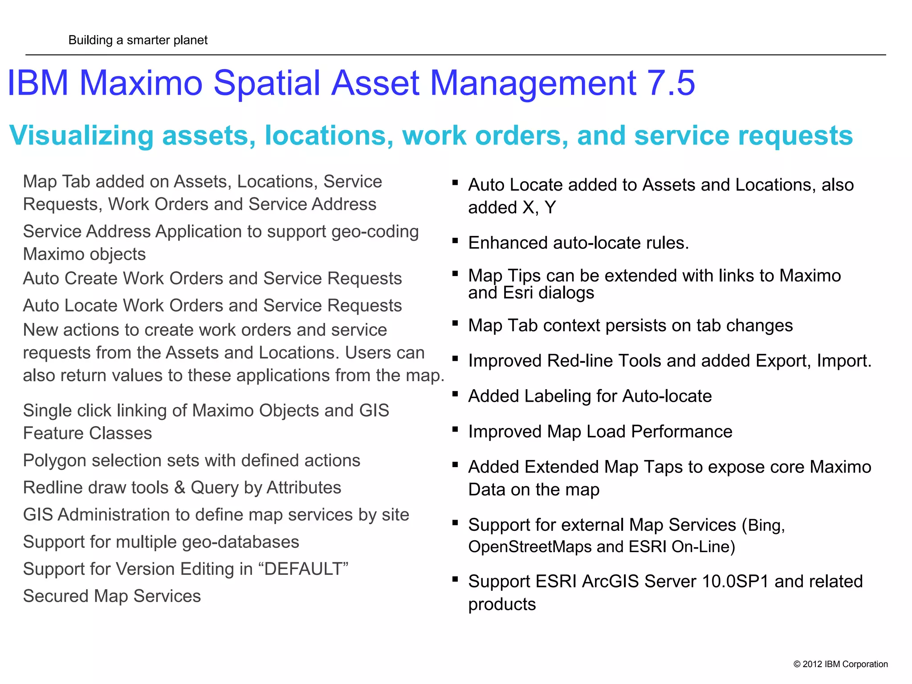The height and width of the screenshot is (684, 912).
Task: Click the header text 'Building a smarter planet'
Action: [x=138, y=40]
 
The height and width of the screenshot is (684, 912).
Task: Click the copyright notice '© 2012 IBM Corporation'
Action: [x=840, y=664]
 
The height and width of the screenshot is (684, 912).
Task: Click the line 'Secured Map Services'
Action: [x=112, y=596]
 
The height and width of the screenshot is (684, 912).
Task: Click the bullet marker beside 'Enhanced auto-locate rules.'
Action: [x=455, y=241]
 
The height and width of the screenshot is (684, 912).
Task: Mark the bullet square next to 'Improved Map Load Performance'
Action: [x=455, y=429]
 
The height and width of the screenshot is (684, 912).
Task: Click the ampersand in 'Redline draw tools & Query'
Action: [x=179, y=488]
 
